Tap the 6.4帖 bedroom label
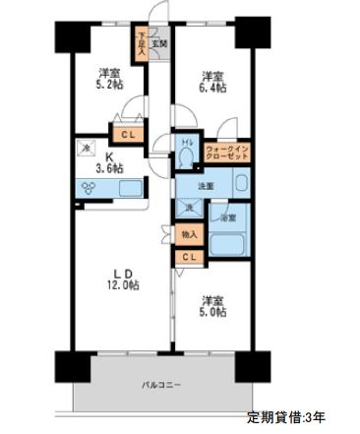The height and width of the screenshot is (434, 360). click(213, 83)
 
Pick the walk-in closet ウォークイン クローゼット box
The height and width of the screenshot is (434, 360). click(226, 153)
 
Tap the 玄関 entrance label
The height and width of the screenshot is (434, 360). click(160, 43)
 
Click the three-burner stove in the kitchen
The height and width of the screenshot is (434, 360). click(86, 188)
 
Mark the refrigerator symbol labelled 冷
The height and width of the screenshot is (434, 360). click(84, 150)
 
